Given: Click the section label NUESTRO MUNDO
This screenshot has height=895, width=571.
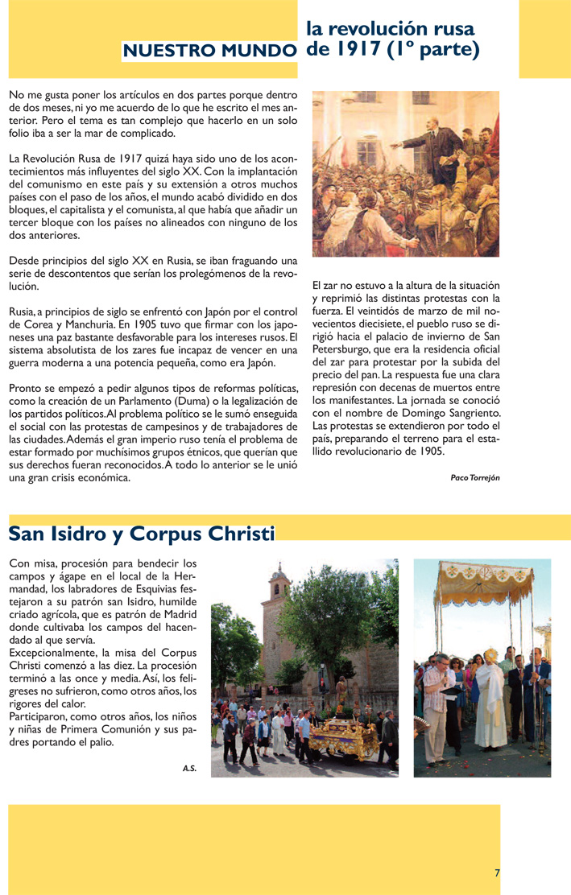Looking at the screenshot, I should pos(209,52).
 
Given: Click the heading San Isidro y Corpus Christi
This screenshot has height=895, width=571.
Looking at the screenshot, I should pos(141,534).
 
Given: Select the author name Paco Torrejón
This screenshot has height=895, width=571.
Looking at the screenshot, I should pos(475,477).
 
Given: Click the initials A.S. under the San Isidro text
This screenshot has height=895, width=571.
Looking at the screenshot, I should pos(189,769).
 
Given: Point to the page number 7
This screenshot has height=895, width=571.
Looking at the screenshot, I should pos(497,872).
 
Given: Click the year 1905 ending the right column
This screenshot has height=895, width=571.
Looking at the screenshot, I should pos(428,452).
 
